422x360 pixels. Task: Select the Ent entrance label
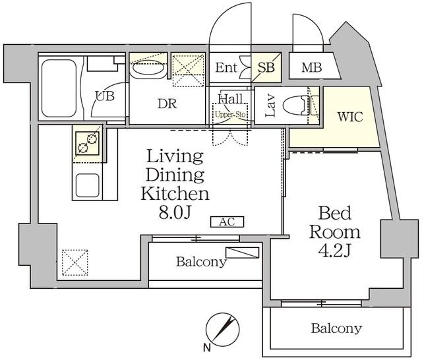pyautogui.click(x=226, y=67)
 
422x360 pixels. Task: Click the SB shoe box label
pyautogui.click(x=266, y=67)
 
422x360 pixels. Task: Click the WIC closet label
pyautogui.click(x=349, y=117)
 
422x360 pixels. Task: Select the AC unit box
pyautogui.click(x=227, y=222)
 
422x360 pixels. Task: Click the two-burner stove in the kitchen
pyautogui.click(x=86, y=142)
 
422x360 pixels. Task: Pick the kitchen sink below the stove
pyautogui.click(x=86, y=185)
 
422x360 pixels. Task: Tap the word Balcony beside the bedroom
pyautogui.click(x=336, y=328)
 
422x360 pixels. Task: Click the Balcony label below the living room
pyautogui.click(x=200, y=262)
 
